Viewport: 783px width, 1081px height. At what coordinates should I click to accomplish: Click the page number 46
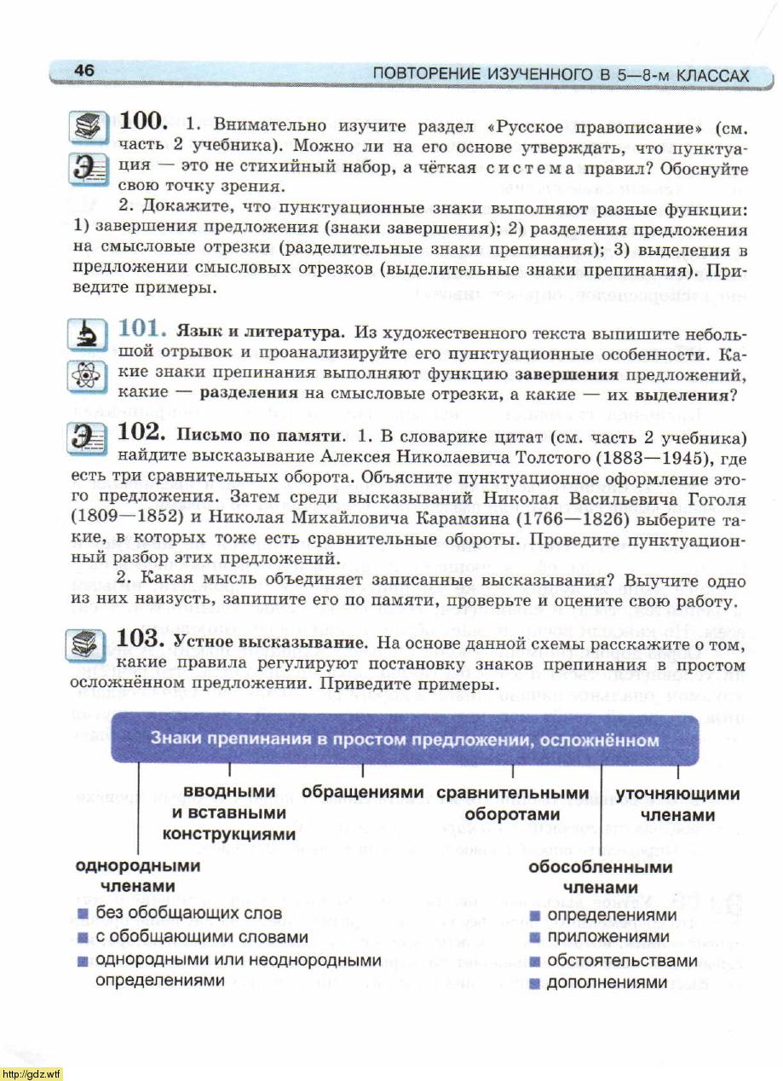(84, 71)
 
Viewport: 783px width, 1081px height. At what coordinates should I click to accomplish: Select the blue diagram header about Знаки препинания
(405, 739)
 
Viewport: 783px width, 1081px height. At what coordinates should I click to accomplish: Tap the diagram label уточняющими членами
(677, 804)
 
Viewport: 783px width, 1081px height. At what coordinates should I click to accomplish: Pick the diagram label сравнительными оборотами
(512, 804)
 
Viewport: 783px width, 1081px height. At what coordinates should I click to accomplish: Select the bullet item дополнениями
(607, 983)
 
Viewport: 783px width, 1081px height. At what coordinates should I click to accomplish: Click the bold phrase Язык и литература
(259, 330)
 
